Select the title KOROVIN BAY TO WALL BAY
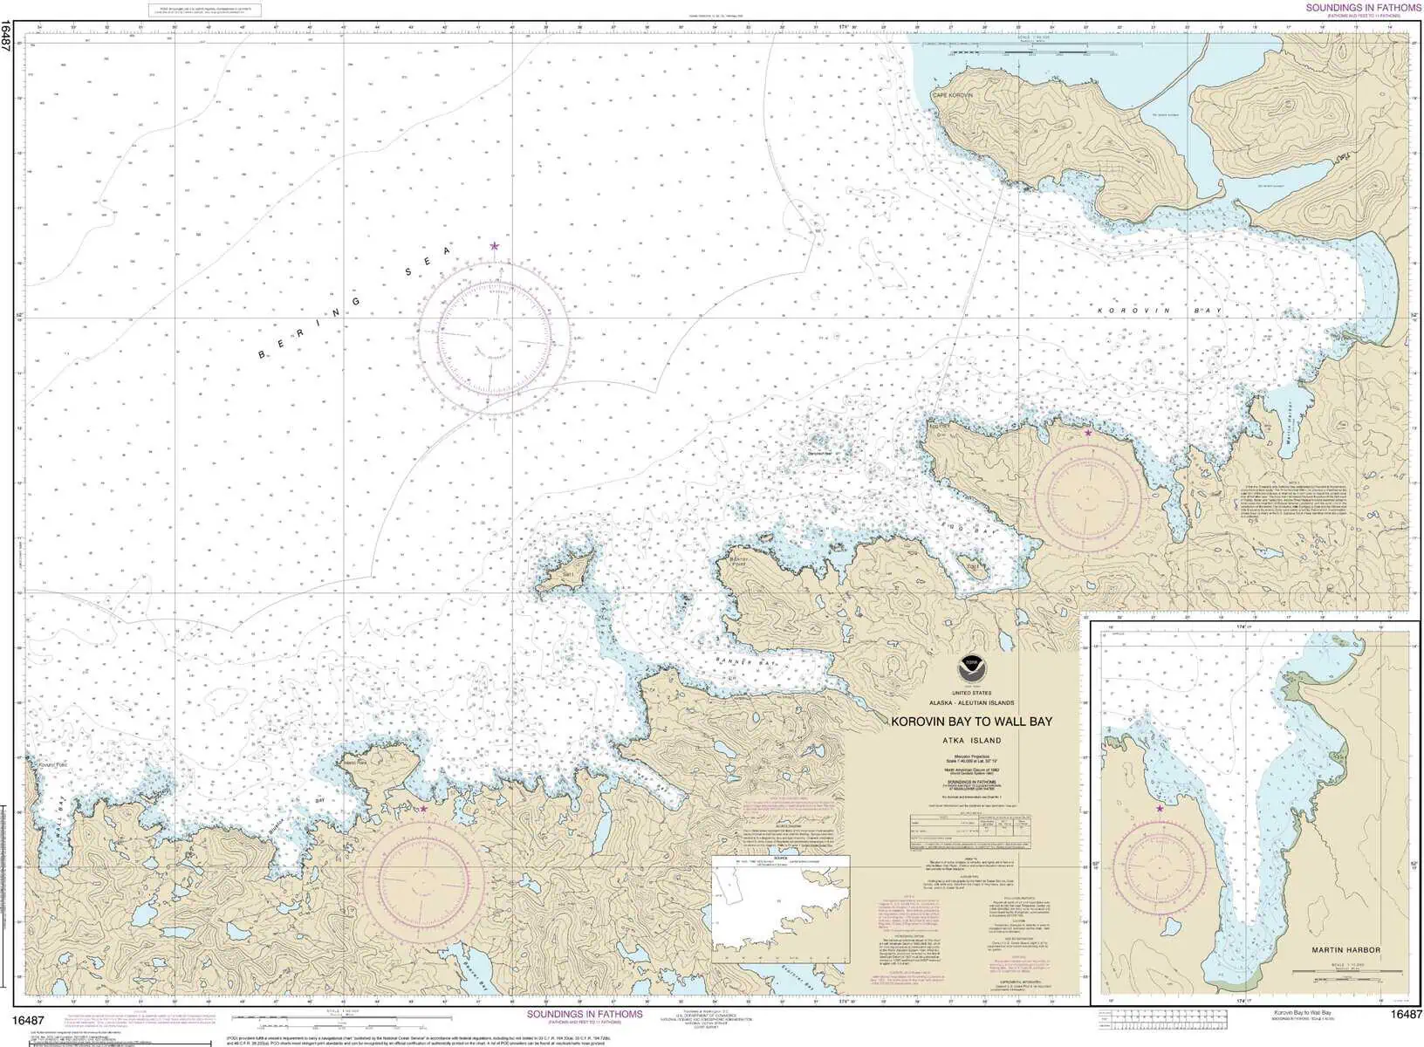coord(971,722)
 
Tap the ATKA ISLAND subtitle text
coord(971,741)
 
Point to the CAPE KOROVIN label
coord(951,95)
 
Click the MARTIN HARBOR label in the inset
coord(1345,949)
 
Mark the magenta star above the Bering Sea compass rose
coord(495,246)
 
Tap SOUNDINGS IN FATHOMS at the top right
coord(1363,8)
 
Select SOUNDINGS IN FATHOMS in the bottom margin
coord(585,1014)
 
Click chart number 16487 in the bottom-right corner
coord(1406,1015)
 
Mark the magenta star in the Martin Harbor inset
coord(1160,809)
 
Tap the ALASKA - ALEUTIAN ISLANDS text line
coord(971,702)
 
